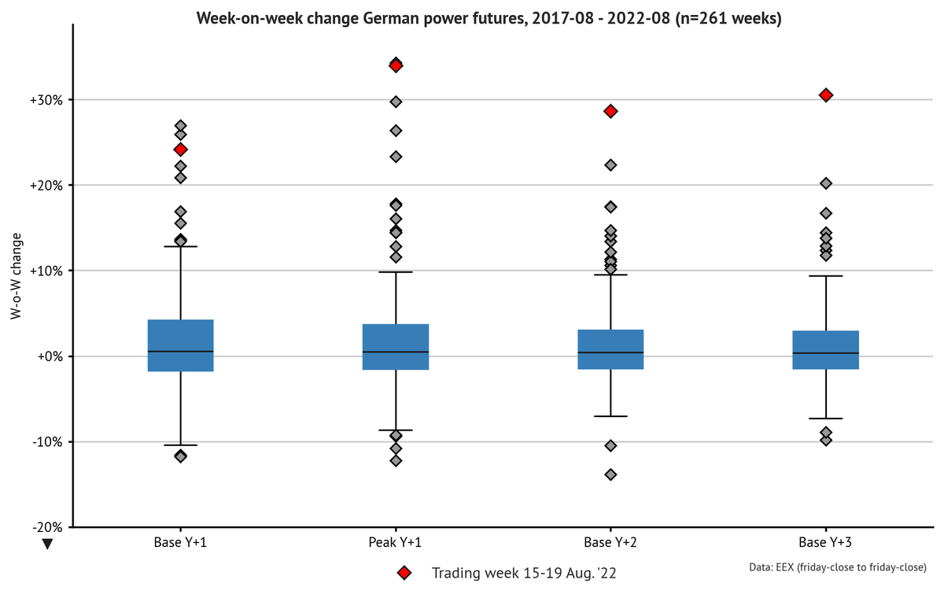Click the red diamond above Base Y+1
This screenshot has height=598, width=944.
tap(181, 149)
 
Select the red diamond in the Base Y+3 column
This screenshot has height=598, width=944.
tap(826, 95)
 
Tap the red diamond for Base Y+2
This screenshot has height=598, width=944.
tap(610, 112)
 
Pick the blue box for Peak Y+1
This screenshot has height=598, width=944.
tap(396, 347)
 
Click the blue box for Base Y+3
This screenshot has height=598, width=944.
tap(826, 350)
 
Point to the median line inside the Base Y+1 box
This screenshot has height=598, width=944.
tap(181, 352)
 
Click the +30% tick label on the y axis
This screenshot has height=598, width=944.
tap(46, 100)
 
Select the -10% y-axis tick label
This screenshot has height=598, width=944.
tap(47, 442)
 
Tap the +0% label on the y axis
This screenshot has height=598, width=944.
tap(50, 356)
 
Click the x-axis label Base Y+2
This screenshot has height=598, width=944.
tap(610, 542)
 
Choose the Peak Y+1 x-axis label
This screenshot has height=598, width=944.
tap(395, 542)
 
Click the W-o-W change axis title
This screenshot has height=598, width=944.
tap(16, 276)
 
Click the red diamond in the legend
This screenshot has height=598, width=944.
tap(404, 573)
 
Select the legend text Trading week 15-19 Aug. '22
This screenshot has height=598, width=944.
tap(524, 574)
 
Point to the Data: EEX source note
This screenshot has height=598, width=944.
tap(838, 567)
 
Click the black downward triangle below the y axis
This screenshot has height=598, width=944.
tap(48, 544)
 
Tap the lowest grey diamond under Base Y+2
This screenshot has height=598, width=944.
tap(610, 474)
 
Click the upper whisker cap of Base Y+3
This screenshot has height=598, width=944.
tap(826, 276)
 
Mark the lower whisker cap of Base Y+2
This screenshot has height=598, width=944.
tap(610, 416)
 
